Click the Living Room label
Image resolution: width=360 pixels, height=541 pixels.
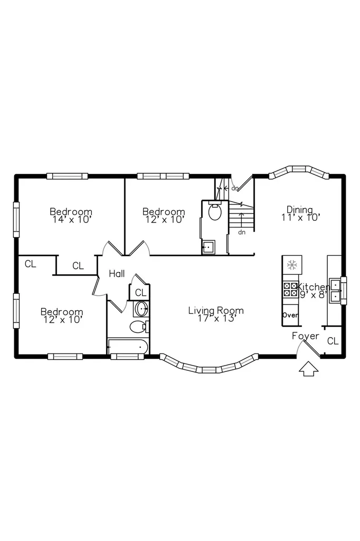216,310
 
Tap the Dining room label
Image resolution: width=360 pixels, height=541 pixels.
300,209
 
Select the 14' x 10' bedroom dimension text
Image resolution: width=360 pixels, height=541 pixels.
72,220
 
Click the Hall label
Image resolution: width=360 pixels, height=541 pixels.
117,274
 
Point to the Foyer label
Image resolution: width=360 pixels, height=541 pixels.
306,335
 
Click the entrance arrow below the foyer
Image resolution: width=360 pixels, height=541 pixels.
308,369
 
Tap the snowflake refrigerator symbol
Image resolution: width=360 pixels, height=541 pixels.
292,265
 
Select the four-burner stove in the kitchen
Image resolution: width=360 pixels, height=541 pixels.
290,290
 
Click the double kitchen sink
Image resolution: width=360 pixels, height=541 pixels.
336,291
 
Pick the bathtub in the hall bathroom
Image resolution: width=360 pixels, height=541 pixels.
128,347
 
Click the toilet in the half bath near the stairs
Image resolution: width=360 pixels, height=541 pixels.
215,211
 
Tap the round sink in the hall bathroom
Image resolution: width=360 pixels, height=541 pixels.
141,309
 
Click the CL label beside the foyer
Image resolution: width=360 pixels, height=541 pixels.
333,341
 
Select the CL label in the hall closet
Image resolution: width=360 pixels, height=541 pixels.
140,293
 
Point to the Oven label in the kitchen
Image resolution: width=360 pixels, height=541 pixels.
290,315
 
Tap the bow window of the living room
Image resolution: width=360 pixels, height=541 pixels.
209,365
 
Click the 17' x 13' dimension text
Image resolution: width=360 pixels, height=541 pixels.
216,318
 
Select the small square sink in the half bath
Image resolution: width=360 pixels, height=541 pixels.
209,247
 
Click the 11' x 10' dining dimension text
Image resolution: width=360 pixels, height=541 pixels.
301,217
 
